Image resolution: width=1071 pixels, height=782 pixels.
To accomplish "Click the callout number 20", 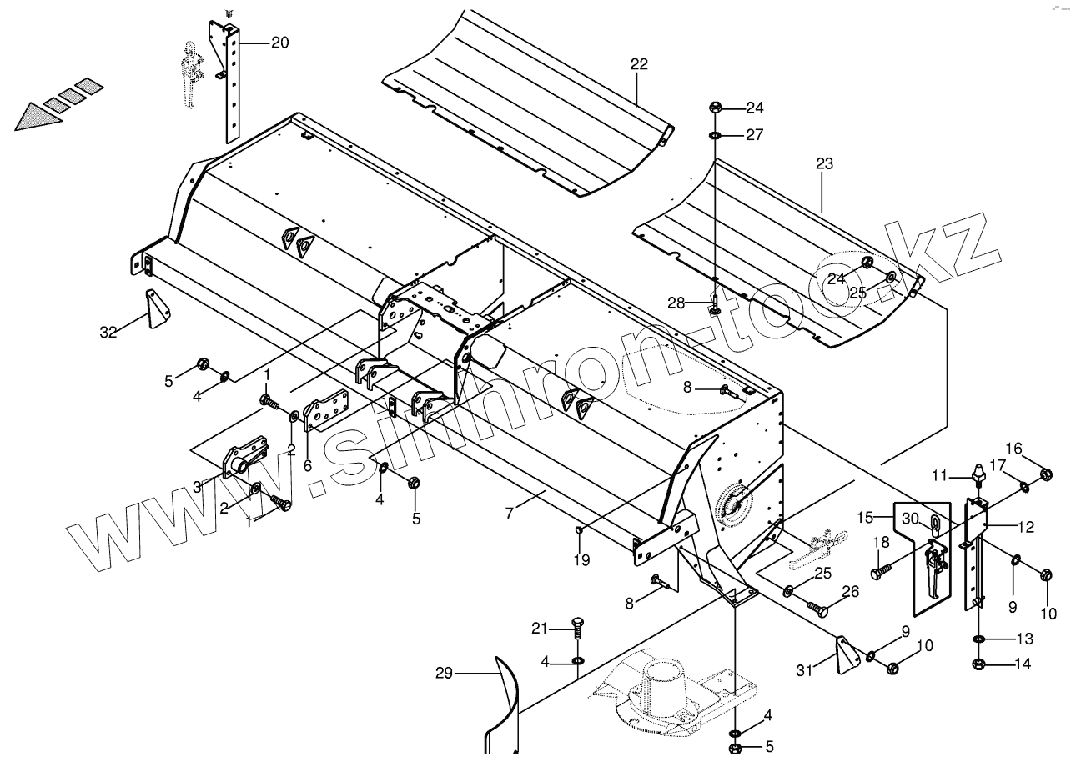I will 279,43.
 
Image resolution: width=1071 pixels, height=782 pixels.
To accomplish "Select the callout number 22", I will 639,64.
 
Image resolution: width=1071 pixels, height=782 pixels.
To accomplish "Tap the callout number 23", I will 824,164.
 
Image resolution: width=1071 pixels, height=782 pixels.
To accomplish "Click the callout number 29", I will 445,673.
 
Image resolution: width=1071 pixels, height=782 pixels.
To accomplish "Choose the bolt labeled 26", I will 817,609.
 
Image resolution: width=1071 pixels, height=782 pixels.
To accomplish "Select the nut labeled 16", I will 1044,474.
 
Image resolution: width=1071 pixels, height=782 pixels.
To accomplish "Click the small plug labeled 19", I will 580,529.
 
